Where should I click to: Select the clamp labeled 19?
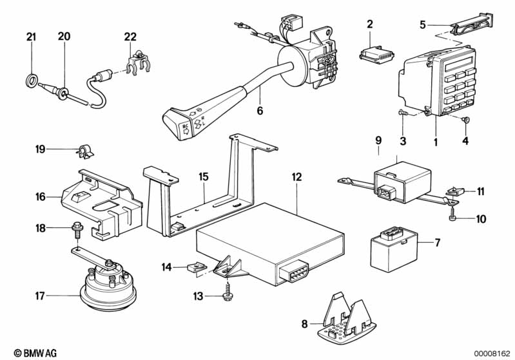[83, 152]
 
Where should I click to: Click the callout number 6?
[260, 110]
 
